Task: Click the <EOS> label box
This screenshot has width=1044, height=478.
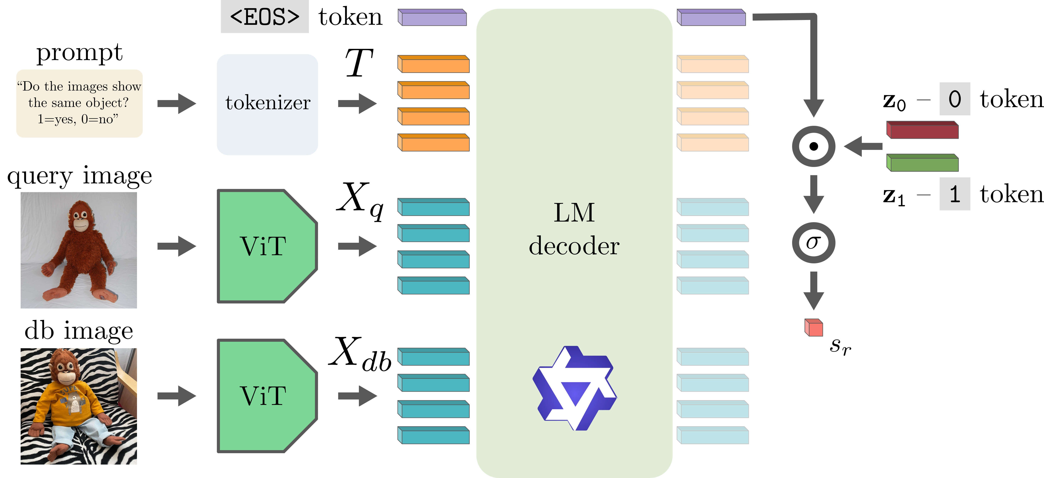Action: [x=264, y=17]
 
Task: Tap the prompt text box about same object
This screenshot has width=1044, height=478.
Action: [x=79, y=103]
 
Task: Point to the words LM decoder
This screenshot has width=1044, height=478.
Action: [x=574, y=229]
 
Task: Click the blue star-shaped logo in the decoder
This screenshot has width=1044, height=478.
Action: [x=574, y=388]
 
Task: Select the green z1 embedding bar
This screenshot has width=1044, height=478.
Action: [x=922, y=163]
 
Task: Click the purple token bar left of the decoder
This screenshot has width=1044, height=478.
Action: [x=432, y=18]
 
